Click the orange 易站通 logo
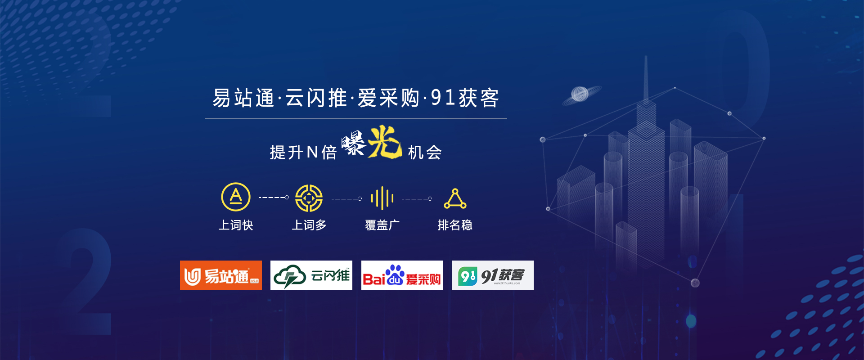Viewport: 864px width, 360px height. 221,275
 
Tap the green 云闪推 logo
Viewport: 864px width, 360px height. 311,275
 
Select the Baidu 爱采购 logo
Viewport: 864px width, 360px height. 402,275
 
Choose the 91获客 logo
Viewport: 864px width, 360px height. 493,275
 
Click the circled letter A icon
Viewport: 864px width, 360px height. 236,197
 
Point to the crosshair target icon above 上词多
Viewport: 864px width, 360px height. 309,198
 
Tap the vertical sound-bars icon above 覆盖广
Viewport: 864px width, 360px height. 382,198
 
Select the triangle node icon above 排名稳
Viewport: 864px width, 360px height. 455,199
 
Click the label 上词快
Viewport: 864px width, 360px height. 236,225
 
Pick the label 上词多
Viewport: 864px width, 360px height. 309,225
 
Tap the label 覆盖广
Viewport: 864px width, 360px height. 382,225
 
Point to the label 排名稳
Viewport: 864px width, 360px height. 455,225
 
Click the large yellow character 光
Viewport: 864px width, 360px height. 385,142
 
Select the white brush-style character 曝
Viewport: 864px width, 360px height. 354,143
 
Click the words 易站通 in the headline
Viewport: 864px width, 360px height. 243,98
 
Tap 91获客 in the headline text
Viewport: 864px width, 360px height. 465,98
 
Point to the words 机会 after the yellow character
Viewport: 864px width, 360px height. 425,153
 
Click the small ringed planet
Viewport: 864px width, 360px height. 581,94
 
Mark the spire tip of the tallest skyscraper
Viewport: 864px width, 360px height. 646,56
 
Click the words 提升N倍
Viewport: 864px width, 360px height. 303,153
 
